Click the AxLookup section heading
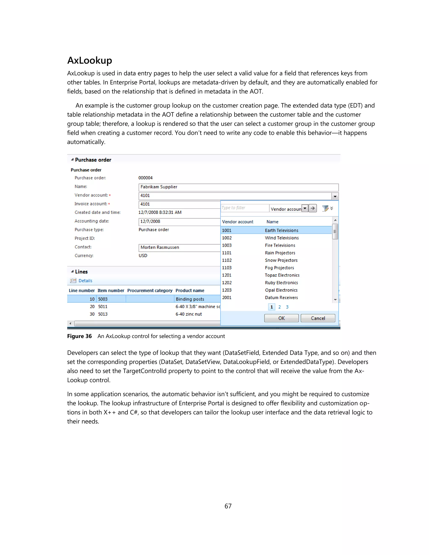[89, 61]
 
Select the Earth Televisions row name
[281, 230]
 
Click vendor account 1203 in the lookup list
[227, 290]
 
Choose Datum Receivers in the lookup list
[281, 298]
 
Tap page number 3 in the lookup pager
[287, 307]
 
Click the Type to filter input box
[245, 208]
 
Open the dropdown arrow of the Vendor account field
[335, 196]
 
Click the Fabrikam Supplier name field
[238, 187]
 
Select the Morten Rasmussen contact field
[179, 248]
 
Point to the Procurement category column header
[150, 290]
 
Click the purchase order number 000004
[145, 178]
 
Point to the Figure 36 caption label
[79, 336]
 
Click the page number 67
[228, 506]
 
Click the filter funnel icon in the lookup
[325, 208]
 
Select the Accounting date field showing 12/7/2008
[179, 222]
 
